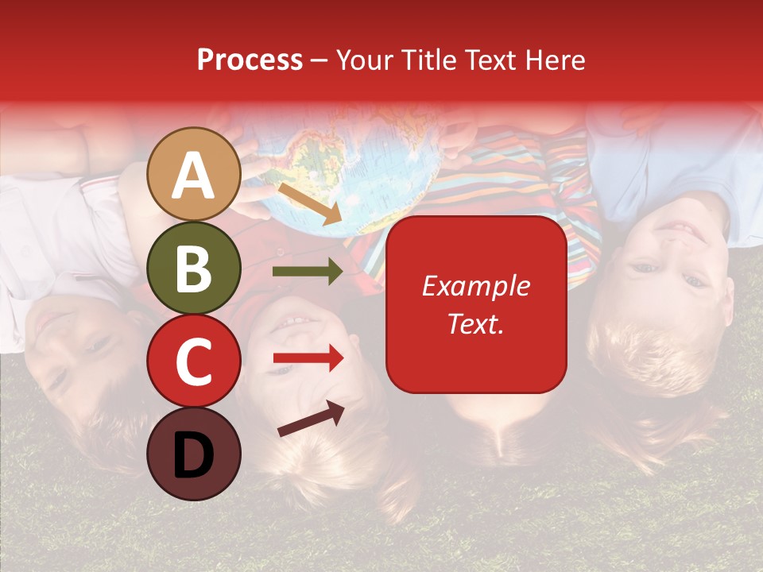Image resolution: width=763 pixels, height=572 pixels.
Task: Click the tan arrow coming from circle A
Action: (309, 203)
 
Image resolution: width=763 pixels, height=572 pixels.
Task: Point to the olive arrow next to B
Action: (308, 272)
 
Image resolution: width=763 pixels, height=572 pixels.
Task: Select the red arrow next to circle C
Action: (308, 359)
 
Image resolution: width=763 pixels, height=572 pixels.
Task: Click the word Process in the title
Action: (250, 60)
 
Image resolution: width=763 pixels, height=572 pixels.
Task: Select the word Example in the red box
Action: (475, 286)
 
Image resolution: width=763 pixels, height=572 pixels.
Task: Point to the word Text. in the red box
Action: (475, 324)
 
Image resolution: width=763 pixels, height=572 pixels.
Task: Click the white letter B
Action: (193, 269)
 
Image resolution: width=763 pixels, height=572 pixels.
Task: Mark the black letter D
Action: (193, 454)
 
